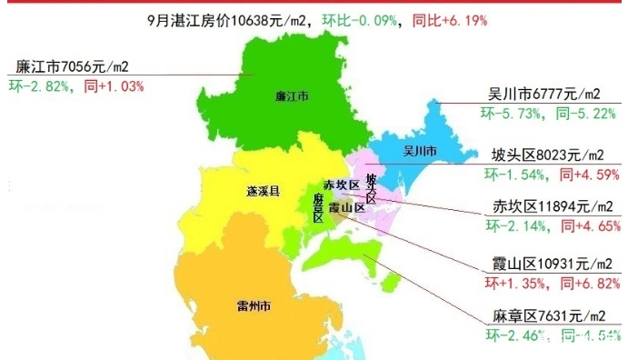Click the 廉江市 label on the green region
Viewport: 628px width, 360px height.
coord(292,95)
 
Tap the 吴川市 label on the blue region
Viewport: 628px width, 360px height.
coord(420,150)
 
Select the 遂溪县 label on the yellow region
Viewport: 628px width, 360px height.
coord(263,192)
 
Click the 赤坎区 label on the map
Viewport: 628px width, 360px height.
coord(342,185)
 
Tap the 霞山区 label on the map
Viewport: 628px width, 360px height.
coord(346,208)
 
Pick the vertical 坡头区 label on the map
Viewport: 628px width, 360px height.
coord(371,186)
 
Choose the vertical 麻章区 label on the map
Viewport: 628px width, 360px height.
coord(318,207)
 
